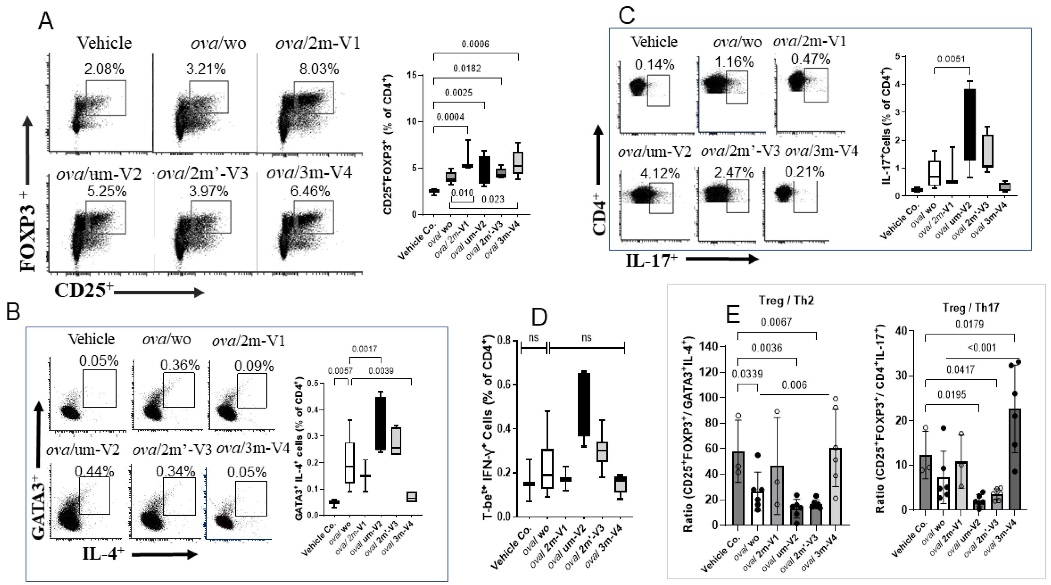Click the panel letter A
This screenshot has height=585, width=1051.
click(45, 21)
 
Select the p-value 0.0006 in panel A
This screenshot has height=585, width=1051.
click(475, 44)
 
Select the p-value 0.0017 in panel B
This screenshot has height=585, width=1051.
click(364, 349)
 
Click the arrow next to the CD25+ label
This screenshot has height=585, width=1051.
click(159, 292)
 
